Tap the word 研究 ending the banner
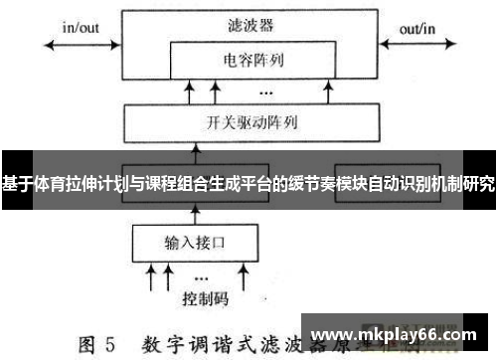(479, 184)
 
